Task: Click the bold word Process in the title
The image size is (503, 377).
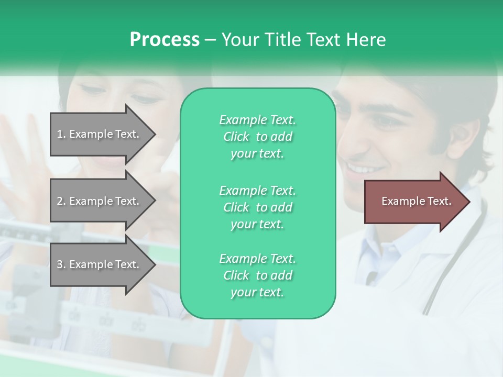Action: coord(165,40)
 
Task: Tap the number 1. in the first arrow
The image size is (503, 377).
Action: coord(61,134)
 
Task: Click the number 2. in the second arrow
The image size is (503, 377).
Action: coord(61,201)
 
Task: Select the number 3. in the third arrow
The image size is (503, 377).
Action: coord(61,264)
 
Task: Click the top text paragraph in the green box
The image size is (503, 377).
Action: coord(257,137)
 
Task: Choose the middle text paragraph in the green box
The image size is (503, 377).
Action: coord(257,207)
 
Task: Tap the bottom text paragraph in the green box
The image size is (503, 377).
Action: coord(257,275)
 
